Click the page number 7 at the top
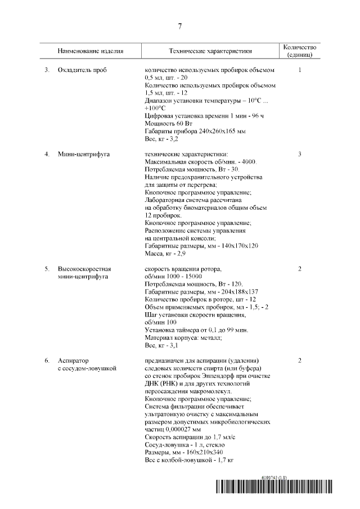pos(180,26)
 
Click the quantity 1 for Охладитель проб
pos(300,70)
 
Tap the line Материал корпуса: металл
pos(183,337)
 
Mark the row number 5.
pos(48,269)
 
